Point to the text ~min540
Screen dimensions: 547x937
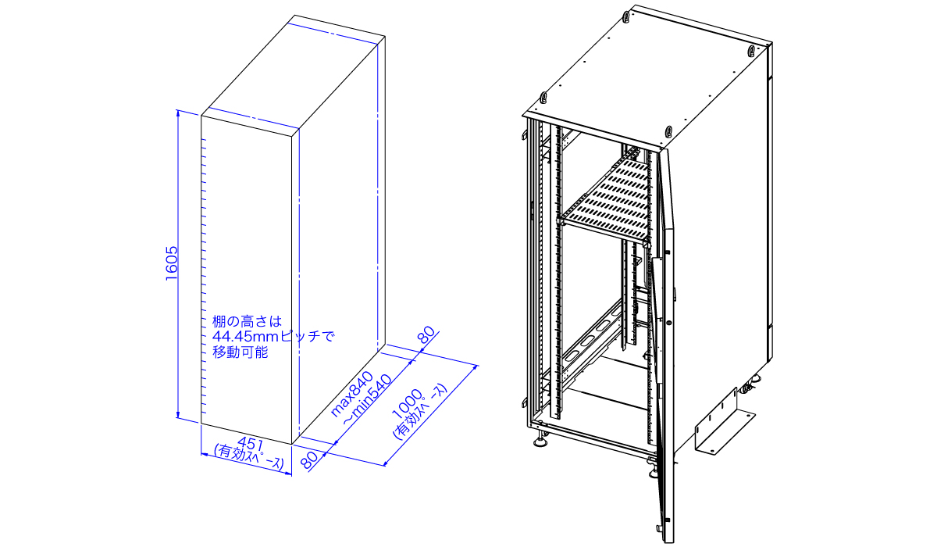click(x=361, y=407)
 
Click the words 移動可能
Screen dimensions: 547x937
click(x=240, y=352)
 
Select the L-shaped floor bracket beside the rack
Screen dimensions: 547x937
click(x=723, y=422)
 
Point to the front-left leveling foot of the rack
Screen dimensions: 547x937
click(x=540, y=443)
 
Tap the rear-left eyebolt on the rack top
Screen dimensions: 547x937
click(x=626, y=16)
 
